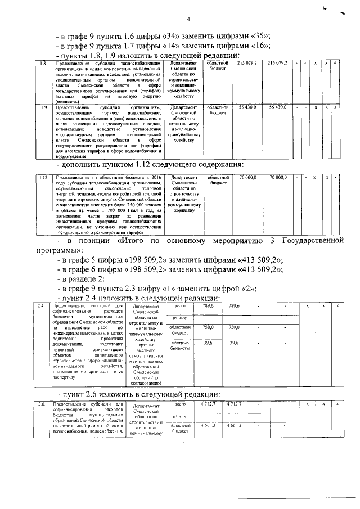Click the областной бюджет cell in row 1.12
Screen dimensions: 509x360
click(x=220, y=180)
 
